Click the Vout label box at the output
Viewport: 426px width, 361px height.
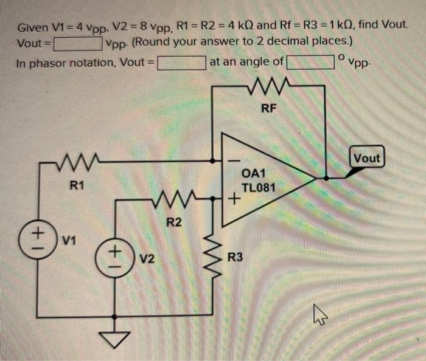pos(366,158)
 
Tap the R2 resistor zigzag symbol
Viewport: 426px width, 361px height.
pos(173,198)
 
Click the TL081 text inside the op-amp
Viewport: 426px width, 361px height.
pos(259,187)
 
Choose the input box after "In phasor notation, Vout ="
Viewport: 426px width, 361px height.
pos(181,62)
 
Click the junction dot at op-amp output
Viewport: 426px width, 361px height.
pos(327,178)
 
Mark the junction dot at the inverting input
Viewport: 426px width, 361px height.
pos(213,162)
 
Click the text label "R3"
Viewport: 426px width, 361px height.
pos(236,258)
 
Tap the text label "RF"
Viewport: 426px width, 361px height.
pos(268,109)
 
